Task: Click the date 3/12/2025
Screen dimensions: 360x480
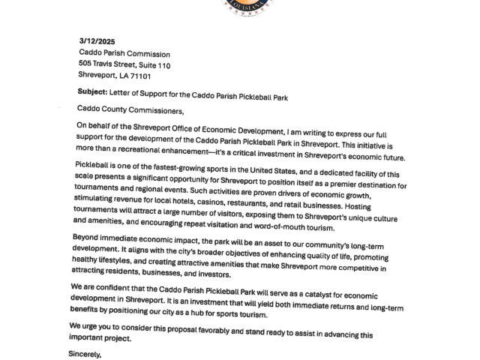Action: [97, 41]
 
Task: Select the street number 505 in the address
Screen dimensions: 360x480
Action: [85, 65]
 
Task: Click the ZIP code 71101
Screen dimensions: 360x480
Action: [139, 76]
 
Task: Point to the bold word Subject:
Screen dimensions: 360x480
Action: [94, 93]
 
